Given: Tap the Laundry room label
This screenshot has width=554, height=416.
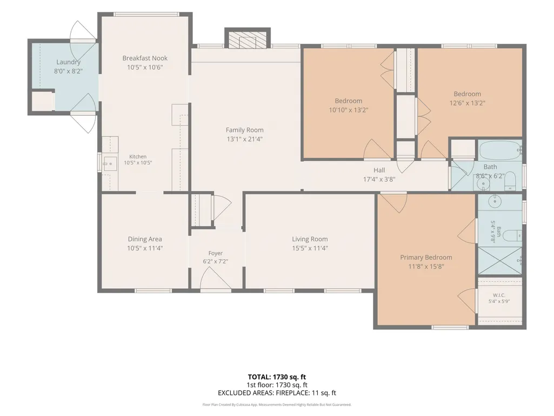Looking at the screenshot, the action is [69, 62].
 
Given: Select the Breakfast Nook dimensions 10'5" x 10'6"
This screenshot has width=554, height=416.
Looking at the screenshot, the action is [145, 67].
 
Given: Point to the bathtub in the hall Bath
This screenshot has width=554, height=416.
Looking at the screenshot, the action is [500, 150].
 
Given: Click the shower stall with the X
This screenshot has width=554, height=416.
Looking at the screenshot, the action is [499, 261].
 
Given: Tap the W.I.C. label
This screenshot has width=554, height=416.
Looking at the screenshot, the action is [499, 295].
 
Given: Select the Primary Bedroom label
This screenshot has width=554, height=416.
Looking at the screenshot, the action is [426, 257].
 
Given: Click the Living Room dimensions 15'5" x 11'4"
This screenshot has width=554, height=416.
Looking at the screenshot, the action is [310, 248].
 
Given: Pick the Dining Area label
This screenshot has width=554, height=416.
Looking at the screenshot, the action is [145, 239].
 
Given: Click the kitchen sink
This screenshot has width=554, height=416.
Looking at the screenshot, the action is [110, 164].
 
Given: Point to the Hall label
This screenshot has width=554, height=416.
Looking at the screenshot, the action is [379, 170].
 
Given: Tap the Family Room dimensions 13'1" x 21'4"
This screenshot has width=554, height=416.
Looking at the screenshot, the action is [244, 139].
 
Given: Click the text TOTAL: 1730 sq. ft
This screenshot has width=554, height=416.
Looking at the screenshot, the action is [277, 377].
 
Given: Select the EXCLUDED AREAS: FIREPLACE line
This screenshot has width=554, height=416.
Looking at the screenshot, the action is [277, 393].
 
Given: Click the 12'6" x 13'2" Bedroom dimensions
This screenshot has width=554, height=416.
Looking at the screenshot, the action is [468, 103].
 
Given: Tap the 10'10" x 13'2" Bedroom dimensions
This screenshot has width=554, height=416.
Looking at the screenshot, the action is [349, 110].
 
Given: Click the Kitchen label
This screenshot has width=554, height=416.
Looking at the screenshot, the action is [138, 156].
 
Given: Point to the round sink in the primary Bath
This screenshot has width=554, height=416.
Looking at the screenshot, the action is [495, 201].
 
